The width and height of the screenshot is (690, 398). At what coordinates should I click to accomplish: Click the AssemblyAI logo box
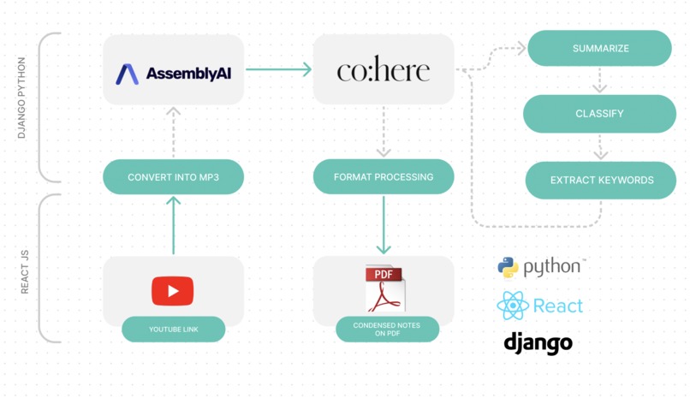coord(174,69)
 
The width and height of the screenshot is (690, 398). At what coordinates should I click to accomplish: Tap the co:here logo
coord(384,69)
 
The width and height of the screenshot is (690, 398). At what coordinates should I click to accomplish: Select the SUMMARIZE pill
coord(600,48)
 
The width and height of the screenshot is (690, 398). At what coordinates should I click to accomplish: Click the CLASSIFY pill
coord(599,114)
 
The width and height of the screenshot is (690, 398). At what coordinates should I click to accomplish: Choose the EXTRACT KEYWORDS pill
coord(601,180)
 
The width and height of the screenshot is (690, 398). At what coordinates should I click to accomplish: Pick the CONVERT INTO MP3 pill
coord(174,177)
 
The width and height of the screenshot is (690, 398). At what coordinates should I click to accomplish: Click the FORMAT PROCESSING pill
coord(384,177)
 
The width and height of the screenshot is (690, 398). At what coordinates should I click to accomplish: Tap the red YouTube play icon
coord(173,291)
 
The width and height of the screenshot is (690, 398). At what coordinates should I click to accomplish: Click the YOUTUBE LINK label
coord(174,329)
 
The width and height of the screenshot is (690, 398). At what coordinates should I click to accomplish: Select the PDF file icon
coord(385,288)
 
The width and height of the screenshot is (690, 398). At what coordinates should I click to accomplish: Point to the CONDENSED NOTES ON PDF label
coord(387,329)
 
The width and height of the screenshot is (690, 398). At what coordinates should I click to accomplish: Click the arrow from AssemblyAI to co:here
coord(278,69)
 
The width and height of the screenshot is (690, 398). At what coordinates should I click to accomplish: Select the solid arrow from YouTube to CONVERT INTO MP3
coord(174,225)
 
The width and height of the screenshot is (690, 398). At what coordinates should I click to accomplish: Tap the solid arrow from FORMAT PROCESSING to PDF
coord(384,225)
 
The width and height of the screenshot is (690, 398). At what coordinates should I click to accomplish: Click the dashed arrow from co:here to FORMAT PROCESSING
coord(384,132)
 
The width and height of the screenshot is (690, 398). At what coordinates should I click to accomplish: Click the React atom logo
coord(513,306)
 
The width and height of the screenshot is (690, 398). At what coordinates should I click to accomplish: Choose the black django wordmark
coord(538,343)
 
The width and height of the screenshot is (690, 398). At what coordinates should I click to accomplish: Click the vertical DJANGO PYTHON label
coord(21,98)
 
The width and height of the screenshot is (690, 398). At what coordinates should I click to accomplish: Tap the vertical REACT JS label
coord(25,272)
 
